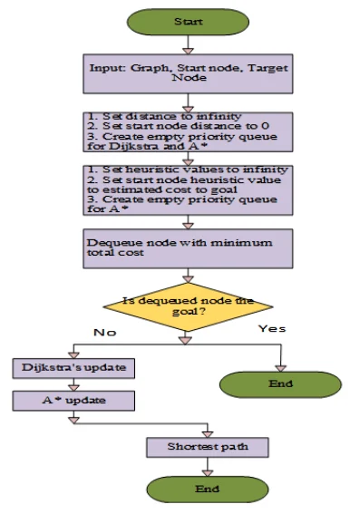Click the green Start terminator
point(188,22)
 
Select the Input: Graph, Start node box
point(188,73)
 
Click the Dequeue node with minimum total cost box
point(188,248)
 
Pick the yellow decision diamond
point(188,307)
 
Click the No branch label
point(105,333)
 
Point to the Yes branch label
point(272,329)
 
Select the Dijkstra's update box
point(73,368)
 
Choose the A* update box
point(73,401)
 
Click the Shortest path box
point(208,447)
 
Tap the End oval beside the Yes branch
point(281,384)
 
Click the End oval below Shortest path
point(208,490)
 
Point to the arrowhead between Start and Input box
point(188,51)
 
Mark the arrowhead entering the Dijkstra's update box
point(73,355)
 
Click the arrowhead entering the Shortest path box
point(208,434)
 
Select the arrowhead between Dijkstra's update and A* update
point(73,388)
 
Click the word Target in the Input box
point(268,68)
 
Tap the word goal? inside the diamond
point(189,312)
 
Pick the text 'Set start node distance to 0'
point(186,126)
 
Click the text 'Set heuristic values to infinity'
point(195,170)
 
